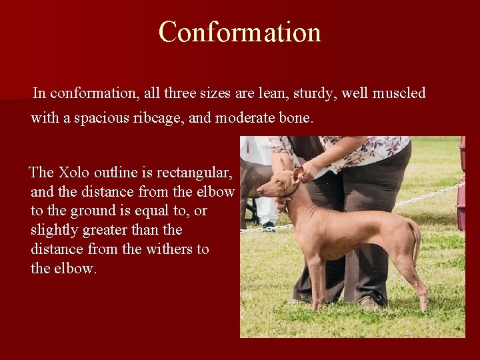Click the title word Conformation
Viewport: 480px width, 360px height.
pyautogui.click(x=240, y=31)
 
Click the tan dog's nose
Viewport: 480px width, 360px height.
pyautogui.click(x=258, y=191)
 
